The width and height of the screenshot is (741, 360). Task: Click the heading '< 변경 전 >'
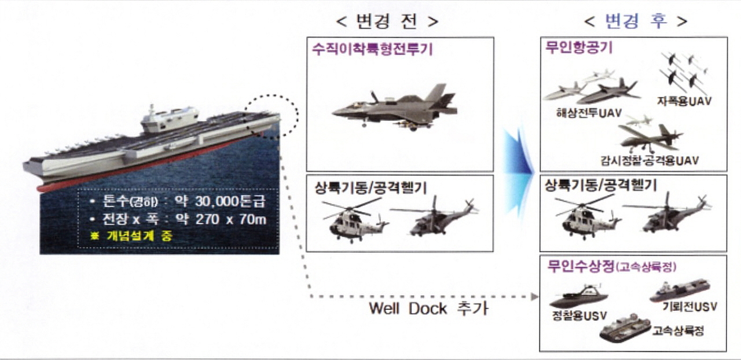pyautogui.click(x=387, y=22)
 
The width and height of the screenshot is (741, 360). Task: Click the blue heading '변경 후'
pyautogui.click(x=636, y=21)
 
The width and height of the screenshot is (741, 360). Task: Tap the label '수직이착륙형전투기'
pyautogui.click(x=372, y=50)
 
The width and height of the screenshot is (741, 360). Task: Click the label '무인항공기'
pyautogui.click(x=579, y=47)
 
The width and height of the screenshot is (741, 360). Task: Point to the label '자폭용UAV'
pyautogui.click(x=684, y=101)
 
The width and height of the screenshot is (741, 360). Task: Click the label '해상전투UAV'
pyautogui.click(x=589, y=113)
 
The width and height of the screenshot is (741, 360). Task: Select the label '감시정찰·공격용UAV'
pyautogui.click(x=650, y=160)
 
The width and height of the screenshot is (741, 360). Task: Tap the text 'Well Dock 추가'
pyautogui.click(x=428, y=308)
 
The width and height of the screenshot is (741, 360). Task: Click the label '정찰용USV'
pyautogui.click(x=579, y=315)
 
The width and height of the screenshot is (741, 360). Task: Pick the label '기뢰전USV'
pyautogui.click(x=689, y=306)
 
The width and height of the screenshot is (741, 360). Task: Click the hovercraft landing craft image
pyautogui.click(x=625, y=329)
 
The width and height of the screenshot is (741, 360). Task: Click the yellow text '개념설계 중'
pyautogui.click(x=140, y=236)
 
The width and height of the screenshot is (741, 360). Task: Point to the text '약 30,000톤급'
pyautogui.click(x=220, y=201)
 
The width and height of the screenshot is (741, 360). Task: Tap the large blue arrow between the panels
pyautogui.click(x=518, y=172)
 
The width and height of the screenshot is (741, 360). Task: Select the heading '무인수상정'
pyautogui.click(x=581, y=266)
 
